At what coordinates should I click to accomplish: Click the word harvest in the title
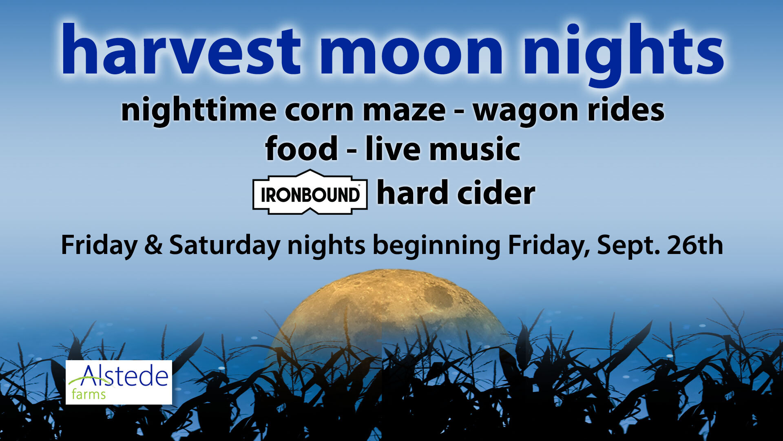pyautogui.click(x=181, y=50)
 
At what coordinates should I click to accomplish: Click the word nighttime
pyautogui.click(x=199, y=110)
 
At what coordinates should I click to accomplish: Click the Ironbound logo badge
pyautogui.click(x=310, y=192)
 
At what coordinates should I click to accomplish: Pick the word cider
pyautogui.click(x=496, y=192)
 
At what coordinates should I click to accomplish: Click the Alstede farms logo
pyautogui.click(x=119, y=382)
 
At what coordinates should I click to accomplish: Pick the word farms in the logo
pyautogui.click(x=88, y=394)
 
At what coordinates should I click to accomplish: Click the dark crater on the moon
pyautogui.click(x=439, y=296)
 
